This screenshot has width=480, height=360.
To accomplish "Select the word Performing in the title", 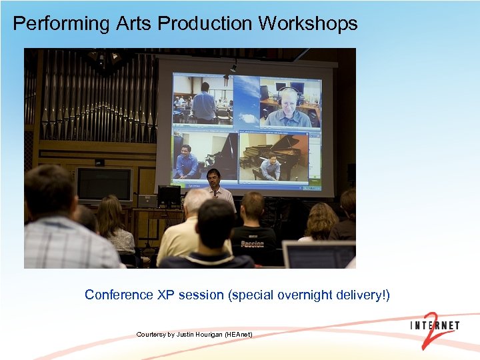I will (61, 24).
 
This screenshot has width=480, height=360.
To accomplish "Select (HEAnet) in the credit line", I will (238, 334).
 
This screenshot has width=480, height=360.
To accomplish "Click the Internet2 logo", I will (435, 327).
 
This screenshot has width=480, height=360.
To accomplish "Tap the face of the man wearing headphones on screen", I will (288, 101).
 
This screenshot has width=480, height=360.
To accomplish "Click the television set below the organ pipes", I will (104, 183).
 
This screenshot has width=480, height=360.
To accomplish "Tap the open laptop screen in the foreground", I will (319, 255).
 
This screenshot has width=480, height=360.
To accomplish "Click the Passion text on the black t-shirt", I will (253, 244).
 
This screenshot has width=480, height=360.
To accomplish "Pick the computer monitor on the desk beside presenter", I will (169, 195).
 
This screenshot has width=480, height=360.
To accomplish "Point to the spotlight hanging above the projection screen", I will (233, 66).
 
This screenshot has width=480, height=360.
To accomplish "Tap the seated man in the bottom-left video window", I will (186, 163).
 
